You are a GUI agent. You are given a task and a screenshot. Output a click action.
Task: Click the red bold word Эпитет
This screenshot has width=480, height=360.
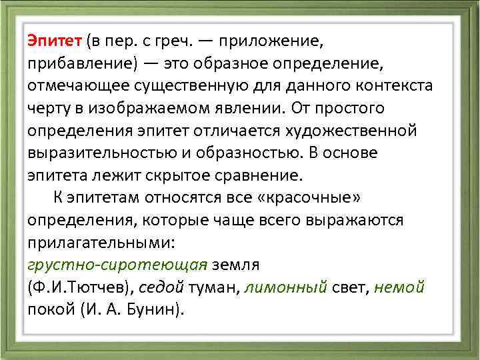pyautogui.click(x=54, y=41)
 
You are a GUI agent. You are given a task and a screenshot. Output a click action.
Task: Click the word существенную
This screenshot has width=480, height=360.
pyautogui.click(x=184, y=86)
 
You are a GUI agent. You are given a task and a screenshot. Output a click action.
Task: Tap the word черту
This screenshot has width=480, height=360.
pyautogui.click(x=49, y=109)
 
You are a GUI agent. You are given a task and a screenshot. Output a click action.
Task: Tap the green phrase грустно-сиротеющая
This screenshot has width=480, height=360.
pyautogui.click(x=117, y=265)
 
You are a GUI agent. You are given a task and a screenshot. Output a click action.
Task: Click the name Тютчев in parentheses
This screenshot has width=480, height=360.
pyautogui.click(x=97, y=287)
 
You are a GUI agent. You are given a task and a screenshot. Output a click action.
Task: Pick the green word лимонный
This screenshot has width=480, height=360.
pyautogui.click(x=287, y=287)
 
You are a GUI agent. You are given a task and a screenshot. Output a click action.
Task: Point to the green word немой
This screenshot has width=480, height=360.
pyautogui.click(x=399, y=287)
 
